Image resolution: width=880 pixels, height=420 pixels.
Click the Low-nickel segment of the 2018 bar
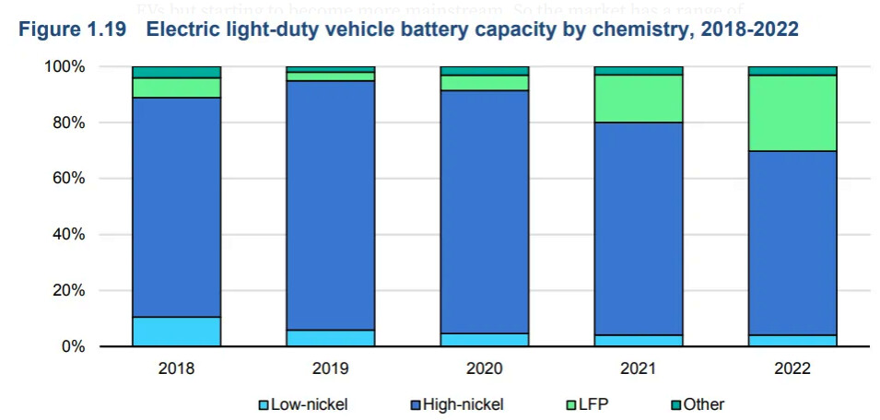(x=176, y=332)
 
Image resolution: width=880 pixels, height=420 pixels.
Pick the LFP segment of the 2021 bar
(x=638, y=98)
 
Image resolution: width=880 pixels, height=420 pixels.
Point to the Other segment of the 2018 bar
(x=176, y=72)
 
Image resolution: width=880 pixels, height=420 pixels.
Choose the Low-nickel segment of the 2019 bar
(x=330, y=338)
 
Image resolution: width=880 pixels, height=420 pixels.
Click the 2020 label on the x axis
(x=484, y=369)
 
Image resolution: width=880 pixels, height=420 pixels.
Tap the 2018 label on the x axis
(x=176, y=369)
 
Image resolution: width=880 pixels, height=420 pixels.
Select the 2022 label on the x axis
(x=792, y=369)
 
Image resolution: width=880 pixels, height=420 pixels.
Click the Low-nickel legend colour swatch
(x=263, y=404)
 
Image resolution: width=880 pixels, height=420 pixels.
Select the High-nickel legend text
(x=466, y=404)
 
